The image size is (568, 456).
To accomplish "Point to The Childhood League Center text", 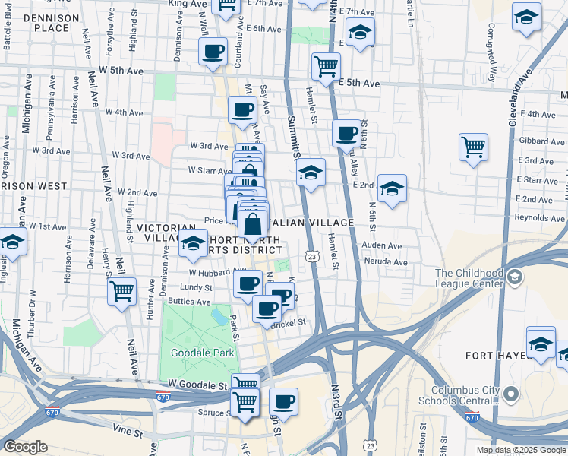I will [x=469, y=279].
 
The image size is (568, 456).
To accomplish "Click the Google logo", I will [x=25, y=447].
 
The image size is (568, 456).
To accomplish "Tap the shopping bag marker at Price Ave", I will [x=253, y=225].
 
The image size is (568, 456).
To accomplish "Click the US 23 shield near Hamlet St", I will [x=311, y=257].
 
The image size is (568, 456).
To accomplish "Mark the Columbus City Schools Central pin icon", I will [x=511, y=394].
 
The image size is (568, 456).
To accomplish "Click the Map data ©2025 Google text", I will [x=520, y=450].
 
